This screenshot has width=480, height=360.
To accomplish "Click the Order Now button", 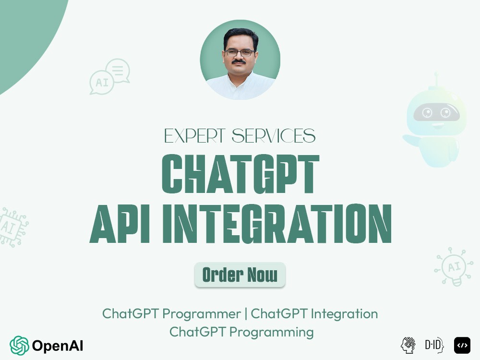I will [x=240, y=275].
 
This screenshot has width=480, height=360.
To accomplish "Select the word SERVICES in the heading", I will [x=274, y=136].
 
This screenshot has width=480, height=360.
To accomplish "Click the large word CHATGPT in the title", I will [x=240, y=174].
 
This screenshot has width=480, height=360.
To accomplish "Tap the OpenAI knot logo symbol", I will [x=19, y=345].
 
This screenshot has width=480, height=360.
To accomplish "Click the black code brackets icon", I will [x=462, y=345].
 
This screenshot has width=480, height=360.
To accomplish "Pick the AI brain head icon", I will [x=408, y=345].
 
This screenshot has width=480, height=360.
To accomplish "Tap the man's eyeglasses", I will [x=240, y=52].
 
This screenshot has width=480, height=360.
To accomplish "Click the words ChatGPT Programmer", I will [x=171, y=314].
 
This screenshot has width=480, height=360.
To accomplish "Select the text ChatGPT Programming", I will [x=241, y=332].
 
